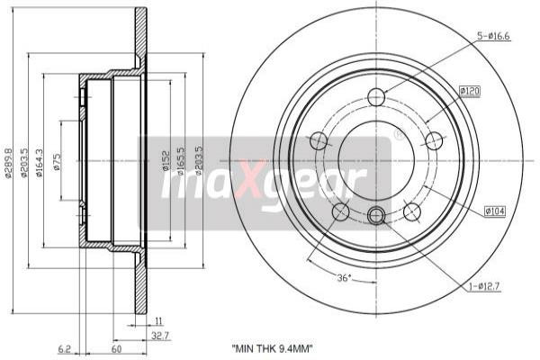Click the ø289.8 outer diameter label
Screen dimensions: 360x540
[x=8, y=162]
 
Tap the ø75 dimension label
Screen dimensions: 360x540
[x=57, y=163]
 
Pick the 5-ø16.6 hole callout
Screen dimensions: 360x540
[x=493, y=36]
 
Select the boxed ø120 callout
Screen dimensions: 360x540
[x=470, y=91]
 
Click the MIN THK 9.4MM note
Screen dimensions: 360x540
[x=272, y=347]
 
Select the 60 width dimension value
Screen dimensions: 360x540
[x=117, y=347]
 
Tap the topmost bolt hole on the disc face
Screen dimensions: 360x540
[x=376, y=97]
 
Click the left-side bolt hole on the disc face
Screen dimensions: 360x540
[x=318, y=140]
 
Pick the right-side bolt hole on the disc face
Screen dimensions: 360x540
[x=434, y=140]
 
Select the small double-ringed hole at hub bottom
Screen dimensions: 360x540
[x=376, y=214]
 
